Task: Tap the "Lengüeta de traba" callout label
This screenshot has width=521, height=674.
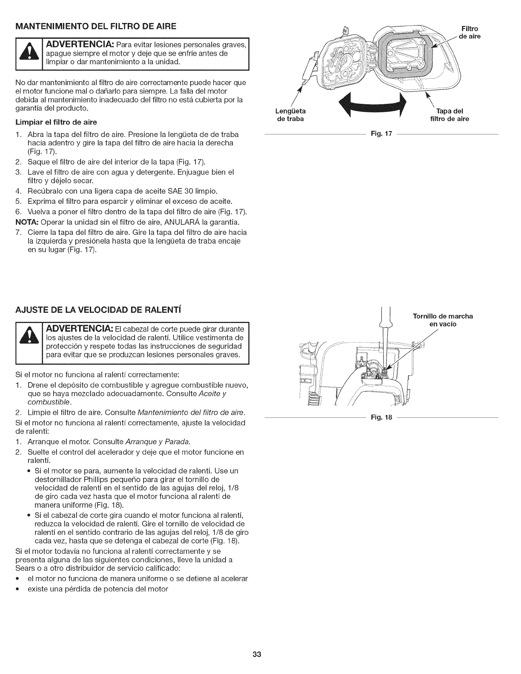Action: click(291, 115)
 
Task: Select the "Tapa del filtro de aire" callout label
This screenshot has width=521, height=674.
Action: click(446, 115)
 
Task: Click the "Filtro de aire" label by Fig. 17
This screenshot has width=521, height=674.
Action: click(470, 33)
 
